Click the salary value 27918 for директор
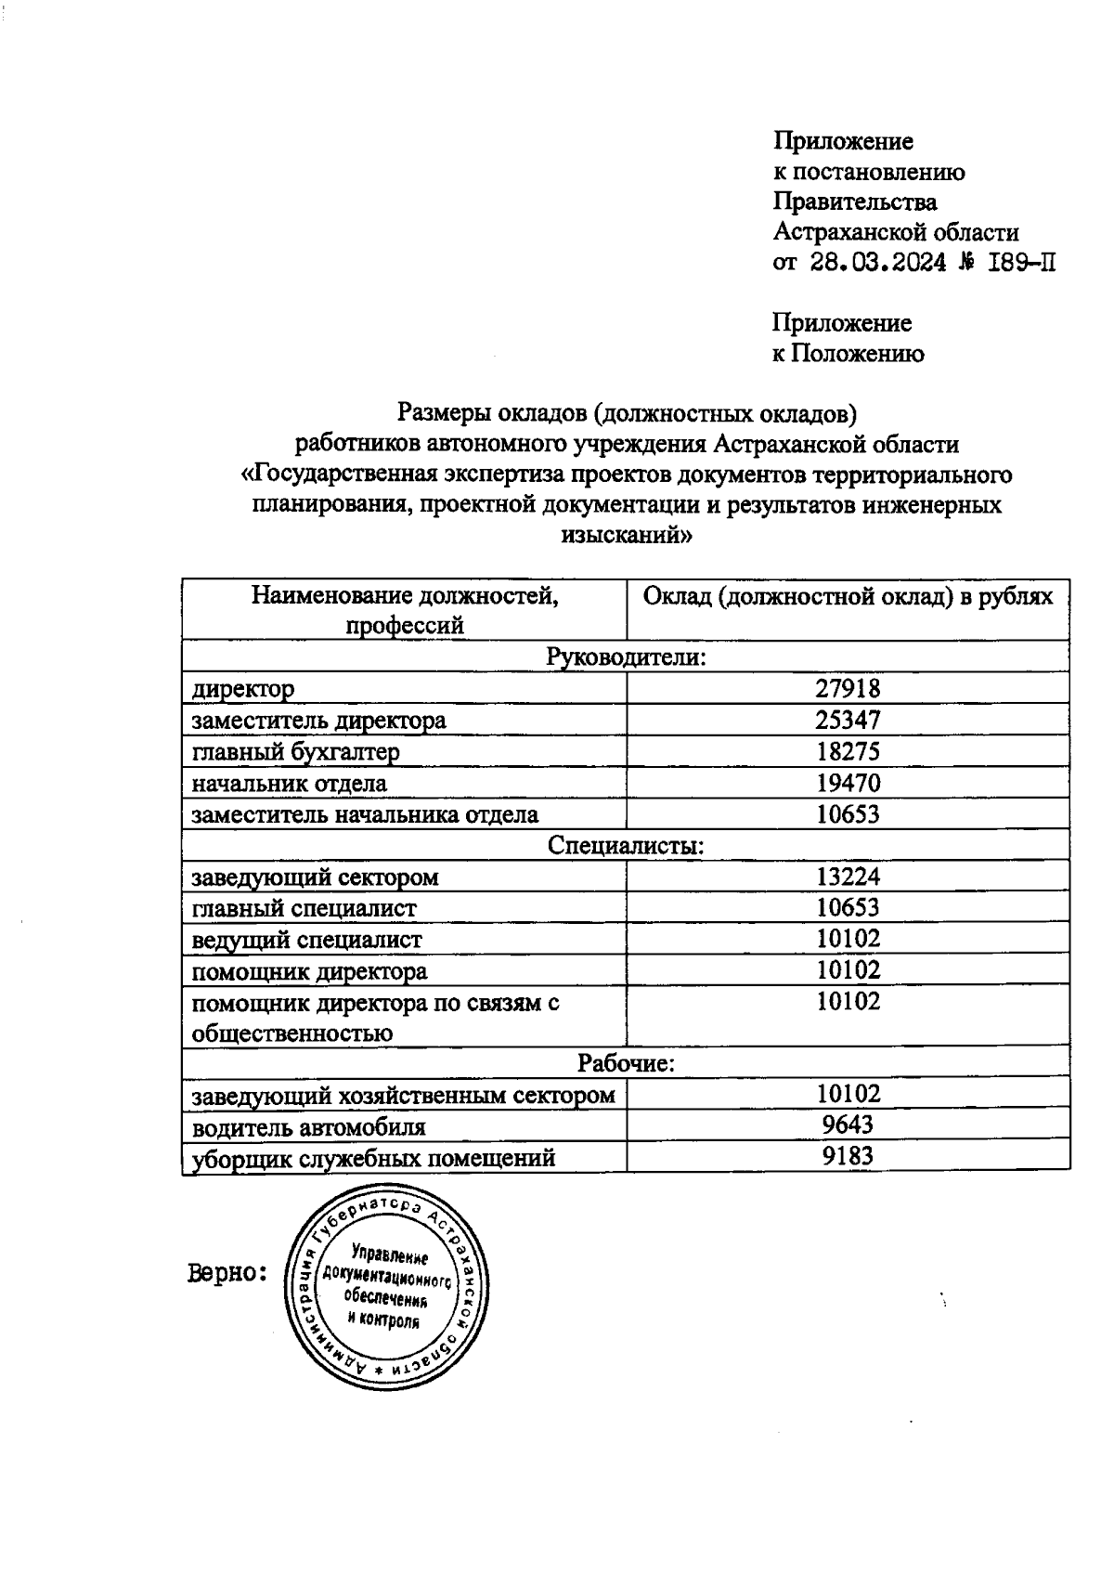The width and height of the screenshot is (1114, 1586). (848, 688)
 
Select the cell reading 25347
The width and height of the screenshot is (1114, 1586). (848, 720)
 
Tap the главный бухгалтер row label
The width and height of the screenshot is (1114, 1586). (295, 751)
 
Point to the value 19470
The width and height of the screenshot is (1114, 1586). (848, 783)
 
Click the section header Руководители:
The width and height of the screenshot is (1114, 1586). (626, 657)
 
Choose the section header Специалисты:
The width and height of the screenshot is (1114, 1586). (626, 846)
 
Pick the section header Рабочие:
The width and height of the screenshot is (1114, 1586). (626, 1063)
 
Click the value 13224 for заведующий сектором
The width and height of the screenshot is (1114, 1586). (848, 877)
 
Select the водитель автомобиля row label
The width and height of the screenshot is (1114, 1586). (308, 1127)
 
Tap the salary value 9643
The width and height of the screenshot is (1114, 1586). (848, 1125)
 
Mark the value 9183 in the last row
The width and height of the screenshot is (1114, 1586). (848, 1156)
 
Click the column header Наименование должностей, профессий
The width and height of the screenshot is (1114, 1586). (405, 609)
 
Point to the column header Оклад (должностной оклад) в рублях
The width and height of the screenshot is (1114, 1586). (848, 596)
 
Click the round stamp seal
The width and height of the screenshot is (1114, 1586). (386, 1286)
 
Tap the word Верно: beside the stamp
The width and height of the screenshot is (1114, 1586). (227, 1272)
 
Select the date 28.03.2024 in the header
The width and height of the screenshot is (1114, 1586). (877, 263)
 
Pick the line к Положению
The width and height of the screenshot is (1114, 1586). (848, 354)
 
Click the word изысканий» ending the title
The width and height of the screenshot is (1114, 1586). (626, 536)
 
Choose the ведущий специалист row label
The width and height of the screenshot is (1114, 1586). (306, 940)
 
